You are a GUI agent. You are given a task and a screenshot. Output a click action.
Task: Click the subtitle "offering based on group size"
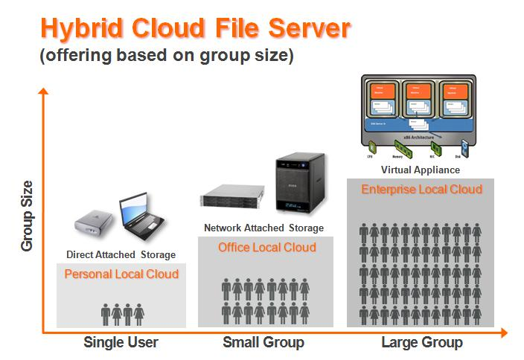pos(167,57)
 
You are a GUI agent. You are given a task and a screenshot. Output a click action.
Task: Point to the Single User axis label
pos(121,343)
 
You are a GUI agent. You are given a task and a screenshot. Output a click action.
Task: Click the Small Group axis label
pos(263,343)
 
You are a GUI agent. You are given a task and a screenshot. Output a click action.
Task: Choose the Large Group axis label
pos(422,343)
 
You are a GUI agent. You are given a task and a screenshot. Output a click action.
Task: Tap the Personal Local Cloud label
pos(121,274)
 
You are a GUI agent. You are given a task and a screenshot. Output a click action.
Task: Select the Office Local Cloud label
pos(267,247)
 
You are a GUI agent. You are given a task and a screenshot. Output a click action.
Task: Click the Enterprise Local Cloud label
pos(422,189)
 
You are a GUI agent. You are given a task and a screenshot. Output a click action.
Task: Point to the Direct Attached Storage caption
pos(121,255)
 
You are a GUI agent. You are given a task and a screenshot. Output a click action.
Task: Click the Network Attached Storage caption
pos(264,228)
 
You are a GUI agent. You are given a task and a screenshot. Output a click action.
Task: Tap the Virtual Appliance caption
pos(421,170)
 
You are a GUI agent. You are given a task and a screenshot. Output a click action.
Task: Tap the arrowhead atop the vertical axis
pos(44,92)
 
